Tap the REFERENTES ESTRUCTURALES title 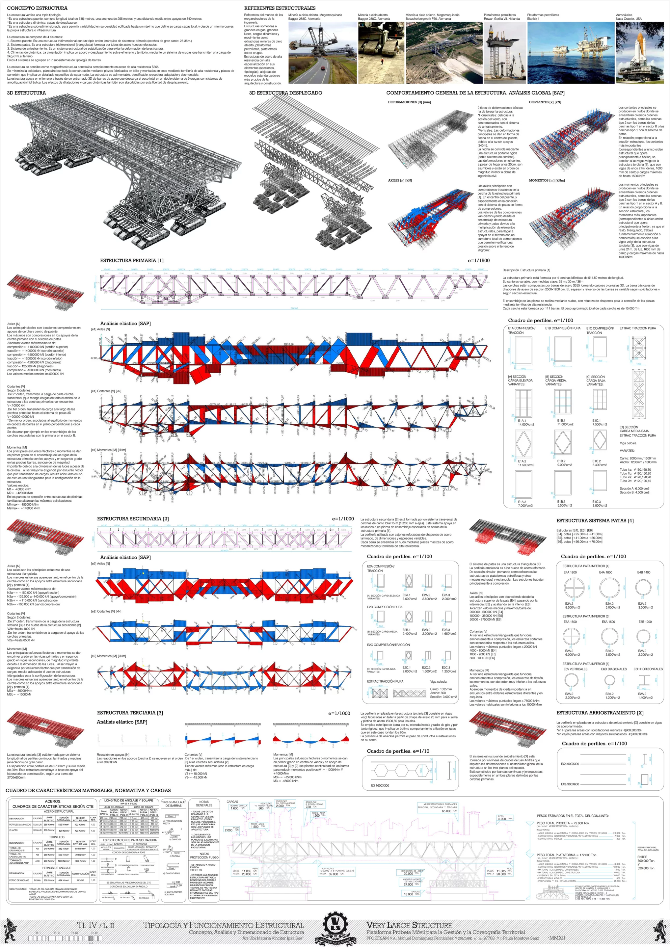[x=279, y=8]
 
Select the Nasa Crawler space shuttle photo [x=640, y=53]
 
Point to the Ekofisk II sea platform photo [x=571, y=53]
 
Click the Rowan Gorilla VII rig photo [x=504, y=53]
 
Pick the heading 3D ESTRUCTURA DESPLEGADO [x=285, y=93]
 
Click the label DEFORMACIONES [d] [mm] [x=409, y=102]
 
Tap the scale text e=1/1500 [x=478, y=260]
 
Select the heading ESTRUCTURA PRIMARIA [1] [x=132, y=260]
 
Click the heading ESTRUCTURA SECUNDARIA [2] [x=133, y=519]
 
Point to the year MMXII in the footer [x=557, y=938]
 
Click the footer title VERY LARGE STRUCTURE [x=409, y=925]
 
